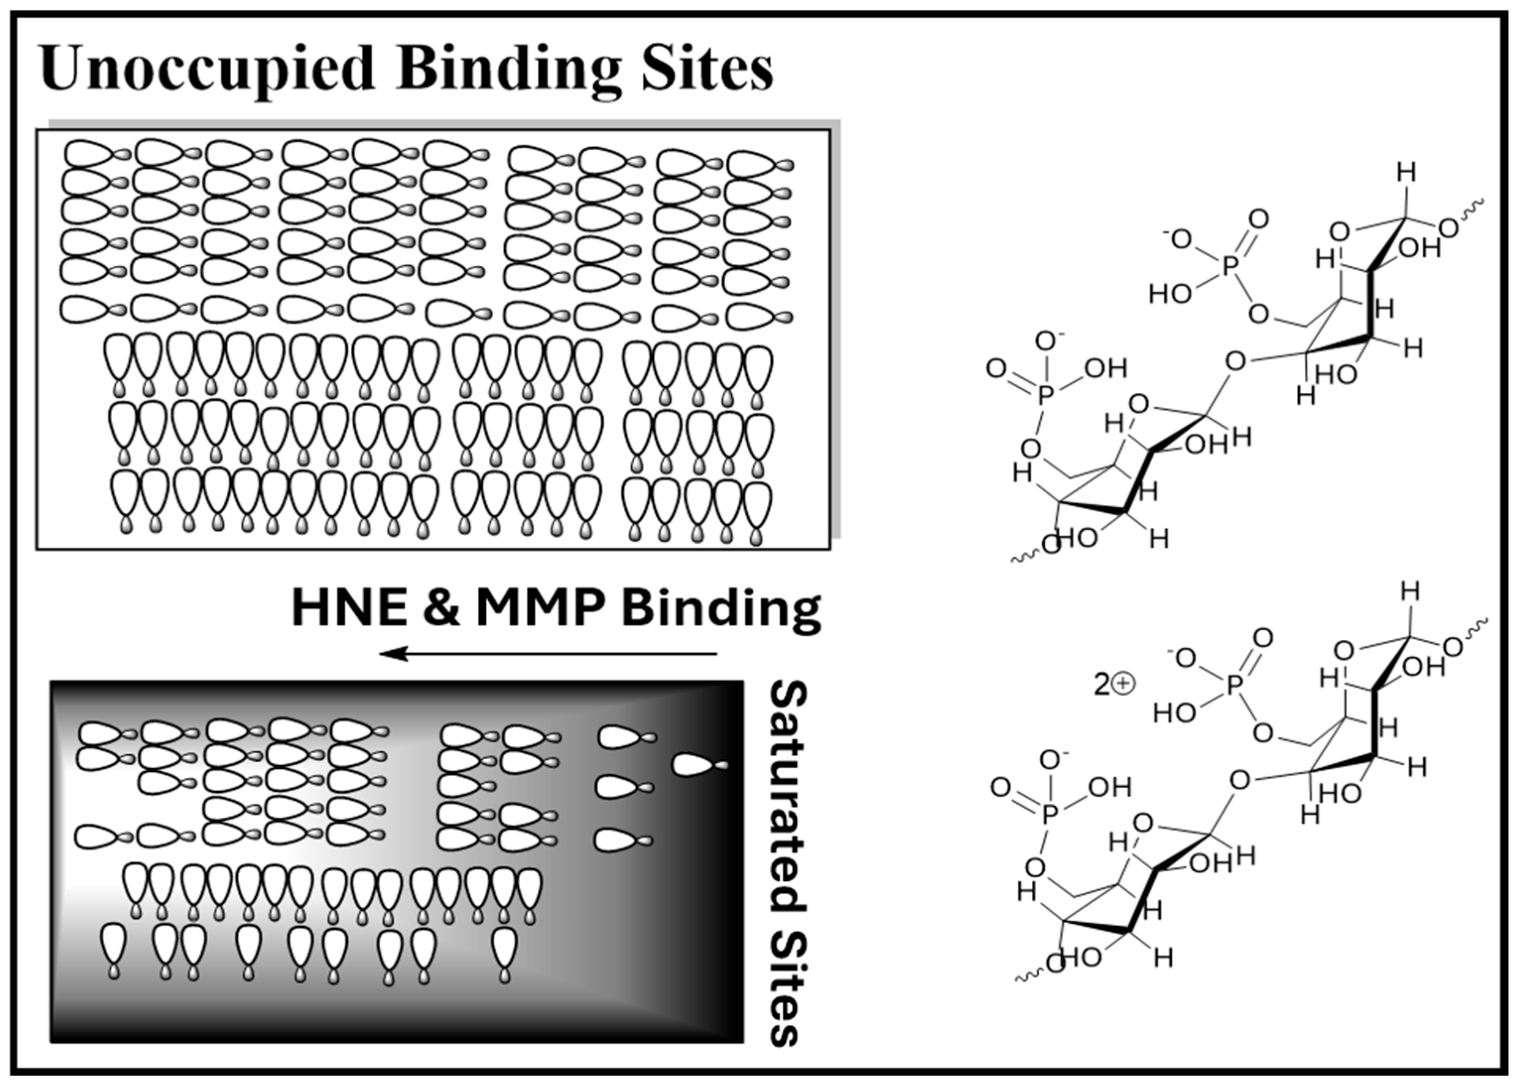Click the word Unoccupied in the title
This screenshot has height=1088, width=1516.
pos(207,69)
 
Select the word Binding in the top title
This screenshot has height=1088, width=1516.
pos(508,69)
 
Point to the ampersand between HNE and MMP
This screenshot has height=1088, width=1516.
pos(441,608)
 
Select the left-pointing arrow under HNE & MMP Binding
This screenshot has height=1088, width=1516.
pos(548,653)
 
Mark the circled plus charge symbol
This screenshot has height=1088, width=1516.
pos(1124,684)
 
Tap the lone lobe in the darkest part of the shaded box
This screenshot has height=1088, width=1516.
pos(698,765)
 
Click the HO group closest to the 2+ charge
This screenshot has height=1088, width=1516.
pos(1174,713)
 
